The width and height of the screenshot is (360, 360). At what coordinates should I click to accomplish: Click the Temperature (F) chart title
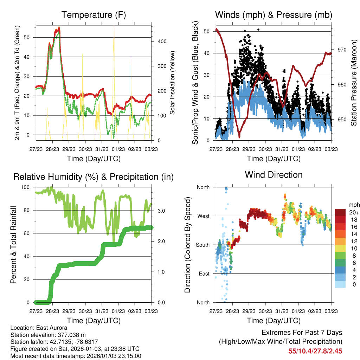click(94, 15)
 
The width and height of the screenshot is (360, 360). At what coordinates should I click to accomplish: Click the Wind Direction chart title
click(274, 174)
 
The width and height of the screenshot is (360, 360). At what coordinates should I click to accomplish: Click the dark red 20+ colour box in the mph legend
click(340, 212)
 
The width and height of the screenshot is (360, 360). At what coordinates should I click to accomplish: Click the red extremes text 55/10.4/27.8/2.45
click(315, 351)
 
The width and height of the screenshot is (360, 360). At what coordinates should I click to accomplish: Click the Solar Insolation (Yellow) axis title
click(173, 83)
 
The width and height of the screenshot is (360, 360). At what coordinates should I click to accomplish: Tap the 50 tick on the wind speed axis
click(206, 31)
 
